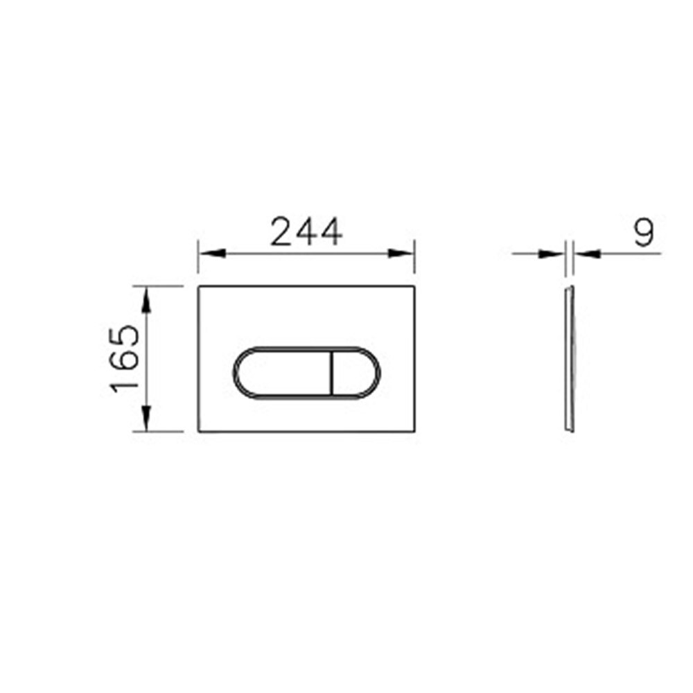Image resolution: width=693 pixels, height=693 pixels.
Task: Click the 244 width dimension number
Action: tap(306, 231)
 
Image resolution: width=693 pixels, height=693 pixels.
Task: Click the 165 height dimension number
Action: tap(125, 358)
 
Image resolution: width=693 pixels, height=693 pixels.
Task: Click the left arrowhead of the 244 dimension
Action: tap(212, 253)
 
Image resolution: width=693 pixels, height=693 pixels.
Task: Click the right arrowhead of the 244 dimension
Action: tap(401, 253)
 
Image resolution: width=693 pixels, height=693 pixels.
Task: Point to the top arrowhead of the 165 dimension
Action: tap(147, 300)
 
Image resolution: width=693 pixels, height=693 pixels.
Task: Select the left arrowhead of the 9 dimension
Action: tap(552, 254)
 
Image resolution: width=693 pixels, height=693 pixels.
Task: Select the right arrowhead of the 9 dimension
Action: tap(587, 254)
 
